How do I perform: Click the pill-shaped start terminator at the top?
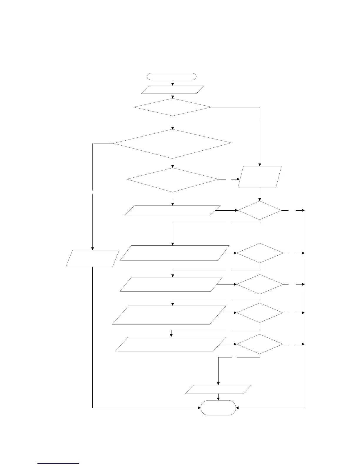[x=171, y=76]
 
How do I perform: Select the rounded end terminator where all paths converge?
[x=218, y=408]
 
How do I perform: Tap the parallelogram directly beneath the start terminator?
[x=173, y=89]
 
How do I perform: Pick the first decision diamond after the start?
[x=173, y=107]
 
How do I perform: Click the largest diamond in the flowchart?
[x=173, y=144]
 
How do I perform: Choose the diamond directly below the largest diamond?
[x=173, y=180]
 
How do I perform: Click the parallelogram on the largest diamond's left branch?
[x=93, y=259]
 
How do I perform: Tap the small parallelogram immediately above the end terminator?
[x=218, y=389]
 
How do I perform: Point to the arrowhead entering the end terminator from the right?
[x=238, y=408]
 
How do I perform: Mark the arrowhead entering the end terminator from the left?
[x=199, y=408]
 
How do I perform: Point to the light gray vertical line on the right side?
[x=305, y=309]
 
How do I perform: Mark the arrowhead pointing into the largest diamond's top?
[x=173, y=128]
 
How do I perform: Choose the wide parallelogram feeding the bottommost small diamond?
[x=171, y=344]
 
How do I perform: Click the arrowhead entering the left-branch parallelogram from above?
[x=93, y=249]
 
